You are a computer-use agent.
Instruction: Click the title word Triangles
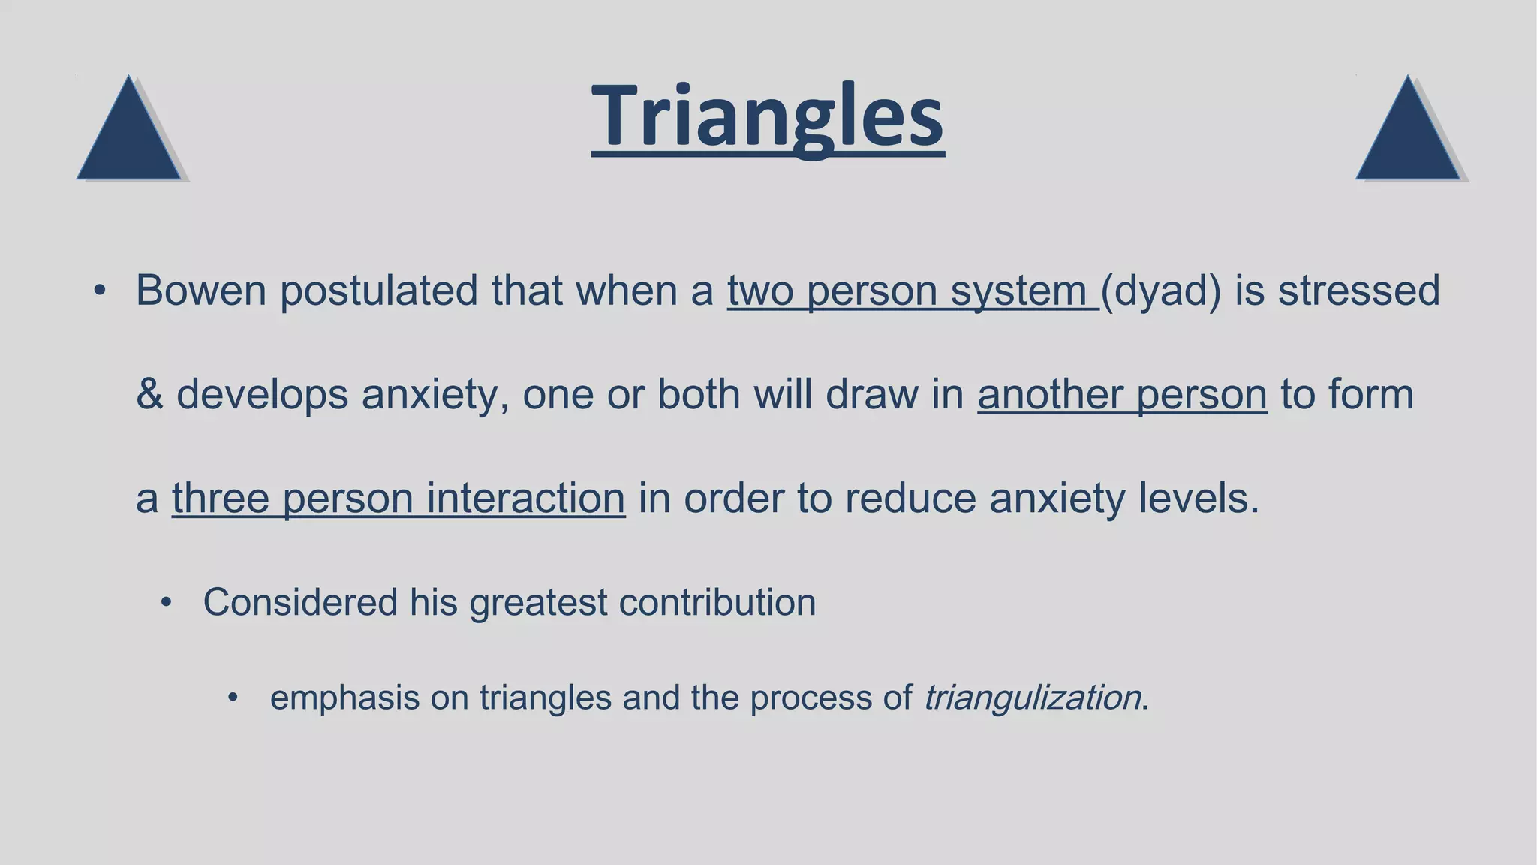pyautogui.click(x=767, y=116)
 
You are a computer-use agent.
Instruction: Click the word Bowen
pyautogui.click(x=200, y=291)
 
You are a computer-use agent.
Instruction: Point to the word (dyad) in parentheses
pyautogui.click(x=1161, y=292)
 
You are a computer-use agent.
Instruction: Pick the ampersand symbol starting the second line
pyautogui.click(x=149, y=394)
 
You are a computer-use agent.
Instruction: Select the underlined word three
pyautogui.click(x=221, y=499)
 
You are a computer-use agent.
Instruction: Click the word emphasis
pyautogui.click(x=344, y=698)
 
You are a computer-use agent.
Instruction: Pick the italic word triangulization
pyautogui.click(x=1032, y=698)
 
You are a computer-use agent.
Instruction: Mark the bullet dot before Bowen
pyautogui.click(x=100, y=291)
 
